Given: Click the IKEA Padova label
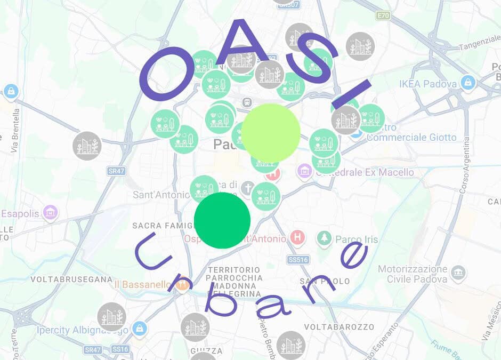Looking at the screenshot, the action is pos(428,84).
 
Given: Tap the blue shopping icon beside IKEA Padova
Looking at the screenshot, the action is pos(467,82).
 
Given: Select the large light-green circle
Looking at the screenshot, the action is pos(271,133).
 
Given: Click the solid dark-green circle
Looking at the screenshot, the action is pos(222,220).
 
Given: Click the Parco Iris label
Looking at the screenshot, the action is pos(357,239).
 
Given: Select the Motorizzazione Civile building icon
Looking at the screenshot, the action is pos(458,273).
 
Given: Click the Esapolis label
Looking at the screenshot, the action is pos(20,213).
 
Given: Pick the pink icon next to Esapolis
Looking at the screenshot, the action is pos(51,213).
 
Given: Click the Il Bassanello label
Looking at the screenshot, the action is pos(142,284).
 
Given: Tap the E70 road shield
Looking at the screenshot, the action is pos(383,15).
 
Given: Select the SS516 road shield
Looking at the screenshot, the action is pos(298,260).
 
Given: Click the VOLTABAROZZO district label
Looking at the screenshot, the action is pos(339,326).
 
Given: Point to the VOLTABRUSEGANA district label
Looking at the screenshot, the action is pos(71,279).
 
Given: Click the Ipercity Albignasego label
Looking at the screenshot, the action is pos(83,330).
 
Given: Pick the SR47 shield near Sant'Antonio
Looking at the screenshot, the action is pos(116,171).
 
